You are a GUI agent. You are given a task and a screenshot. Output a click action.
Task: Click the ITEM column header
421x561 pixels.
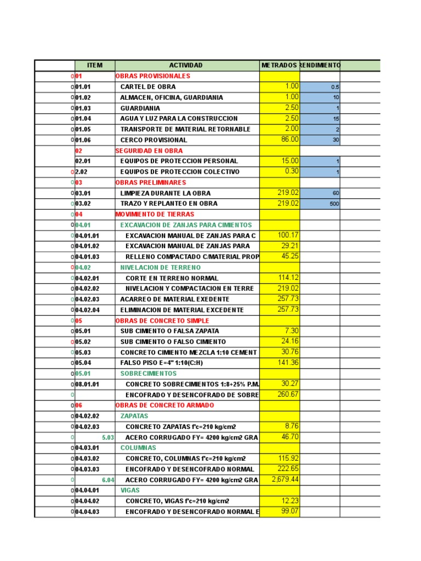tap(94, 65)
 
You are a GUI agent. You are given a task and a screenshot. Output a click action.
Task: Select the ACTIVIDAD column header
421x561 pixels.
tap(186, 65)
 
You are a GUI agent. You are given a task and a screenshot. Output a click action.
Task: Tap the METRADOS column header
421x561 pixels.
tap(280, 65)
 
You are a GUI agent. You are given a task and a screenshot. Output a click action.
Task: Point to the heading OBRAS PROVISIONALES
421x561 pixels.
tap(152, 76)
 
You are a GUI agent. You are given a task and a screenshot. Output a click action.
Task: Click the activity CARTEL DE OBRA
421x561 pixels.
tap(148, 87)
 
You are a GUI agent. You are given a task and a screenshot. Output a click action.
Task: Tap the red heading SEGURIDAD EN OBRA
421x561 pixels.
tap(149, 151)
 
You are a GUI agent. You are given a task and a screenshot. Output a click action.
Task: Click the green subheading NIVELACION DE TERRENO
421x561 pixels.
tap(161, 267)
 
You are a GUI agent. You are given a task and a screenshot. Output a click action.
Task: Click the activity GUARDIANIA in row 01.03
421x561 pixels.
tap(140, 108)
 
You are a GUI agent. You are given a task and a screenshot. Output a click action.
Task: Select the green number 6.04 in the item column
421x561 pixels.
tap(108, 480)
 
